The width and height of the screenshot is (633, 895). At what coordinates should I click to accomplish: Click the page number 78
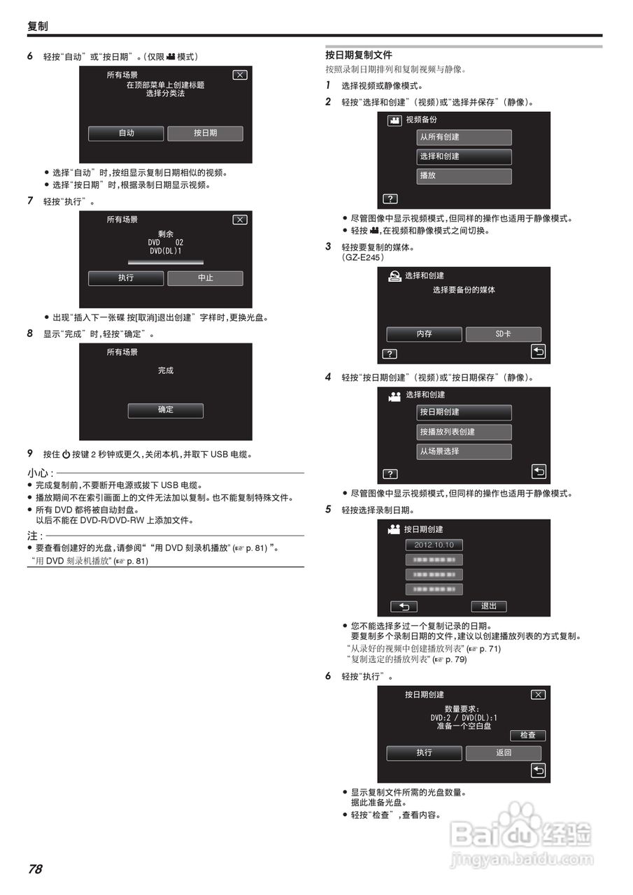[35, 869]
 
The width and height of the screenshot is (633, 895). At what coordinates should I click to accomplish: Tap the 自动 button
[126, 133]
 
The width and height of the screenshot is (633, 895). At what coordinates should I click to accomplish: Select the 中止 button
[205, 278]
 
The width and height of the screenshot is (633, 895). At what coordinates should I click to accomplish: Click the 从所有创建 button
[464, 137]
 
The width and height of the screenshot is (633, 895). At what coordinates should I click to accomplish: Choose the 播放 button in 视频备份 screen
[464, 176]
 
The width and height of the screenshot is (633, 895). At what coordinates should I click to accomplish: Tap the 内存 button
[424, 334]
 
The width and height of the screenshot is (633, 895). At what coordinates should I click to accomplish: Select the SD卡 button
[503, 334]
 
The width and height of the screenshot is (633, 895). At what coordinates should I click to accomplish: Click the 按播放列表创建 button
[464, 432]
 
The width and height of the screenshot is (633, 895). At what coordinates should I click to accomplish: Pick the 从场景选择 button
[464, 452]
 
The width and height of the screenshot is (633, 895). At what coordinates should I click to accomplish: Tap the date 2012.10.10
[434, 545]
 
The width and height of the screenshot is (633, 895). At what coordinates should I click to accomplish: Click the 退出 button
[488, 606]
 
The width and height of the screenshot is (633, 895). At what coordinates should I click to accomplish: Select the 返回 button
[503, 753]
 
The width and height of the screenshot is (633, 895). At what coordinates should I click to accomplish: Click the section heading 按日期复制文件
[358, 55]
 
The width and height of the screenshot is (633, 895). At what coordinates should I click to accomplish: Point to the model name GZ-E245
[362, 257]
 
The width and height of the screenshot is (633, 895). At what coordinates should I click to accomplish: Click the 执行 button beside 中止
[126, 278]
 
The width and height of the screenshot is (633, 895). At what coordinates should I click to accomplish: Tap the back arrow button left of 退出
[404, 606]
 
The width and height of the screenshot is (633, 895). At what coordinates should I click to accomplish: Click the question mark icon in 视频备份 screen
[390, 198]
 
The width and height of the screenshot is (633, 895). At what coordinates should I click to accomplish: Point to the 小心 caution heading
[40, 473]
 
